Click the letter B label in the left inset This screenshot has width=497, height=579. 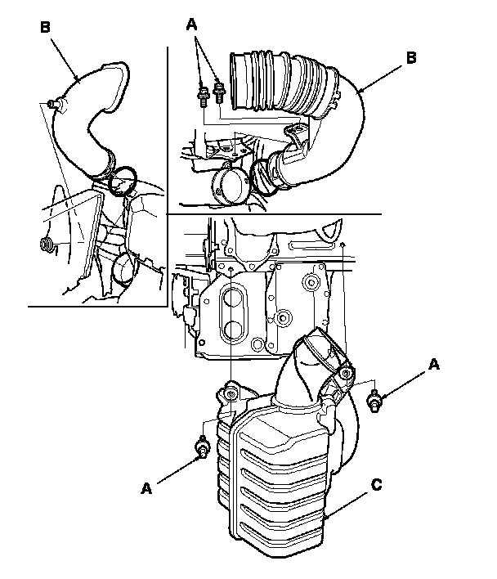pos(46,27)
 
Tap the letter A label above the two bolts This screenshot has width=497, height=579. pos(192,25)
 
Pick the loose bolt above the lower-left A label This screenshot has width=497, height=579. pos(202,447)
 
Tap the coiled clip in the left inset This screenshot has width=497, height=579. pos(44,243)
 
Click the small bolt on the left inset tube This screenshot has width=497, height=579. pos(54,103)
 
